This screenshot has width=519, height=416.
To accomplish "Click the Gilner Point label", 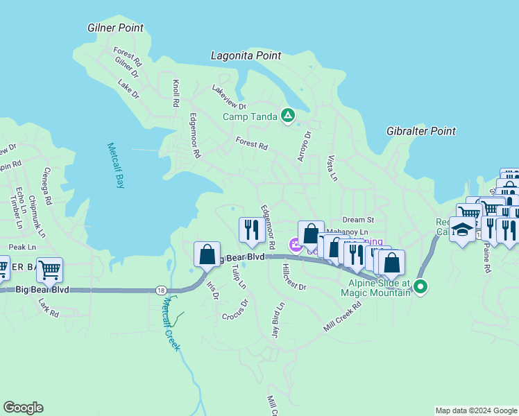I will click(x=116, y=28).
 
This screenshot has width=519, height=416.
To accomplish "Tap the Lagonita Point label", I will click(x=246, y=55).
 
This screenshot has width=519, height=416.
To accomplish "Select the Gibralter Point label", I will click(x=421, y=131).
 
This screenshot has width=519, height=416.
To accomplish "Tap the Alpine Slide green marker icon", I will click(x=420, y=286).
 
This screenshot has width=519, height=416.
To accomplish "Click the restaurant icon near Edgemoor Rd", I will click(x=250, y=229).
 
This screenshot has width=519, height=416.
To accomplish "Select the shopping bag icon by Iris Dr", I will click(x=207, y=254).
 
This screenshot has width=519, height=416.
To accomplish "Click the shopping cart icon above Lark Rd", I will click(x=49, y=270).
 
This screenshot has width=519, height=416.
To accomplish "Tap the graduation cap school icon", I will click(x=463, y=229).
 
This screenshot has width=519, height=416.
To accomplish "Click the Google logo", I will click(x=23, y=408).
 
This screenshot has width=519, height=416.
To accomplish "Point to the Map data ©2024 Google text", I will click(x=476, y=410).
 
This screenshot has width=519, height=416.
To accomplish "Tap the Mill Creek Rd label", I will click(x=343, y=316).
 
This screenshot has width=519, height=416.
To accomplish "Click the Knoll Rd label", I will click(x=176, y=92).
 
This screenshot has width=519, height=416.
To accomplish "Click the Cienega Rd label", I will click(x=47, y=189).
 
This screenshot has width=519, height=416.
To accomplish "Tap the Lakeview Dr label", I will click(x=229, y=98).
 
